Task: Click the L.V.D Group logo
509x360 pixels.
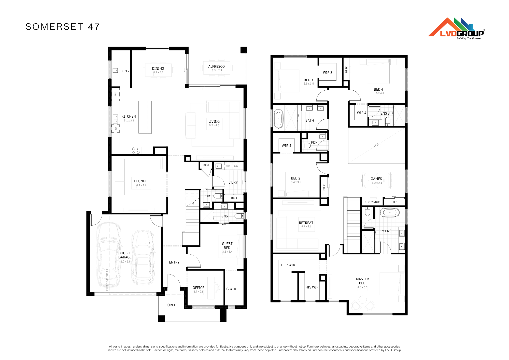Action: [x=456, y=29]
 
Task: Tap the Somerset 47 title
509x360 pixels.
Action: [x=63, y=27]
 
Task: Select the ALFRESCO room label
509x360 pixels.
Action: [x=216, y=66]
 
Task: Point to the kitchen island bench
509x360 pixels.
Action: [x=145, y=117]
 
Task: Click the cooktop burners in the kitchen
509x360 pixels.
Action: [x=136, y=150]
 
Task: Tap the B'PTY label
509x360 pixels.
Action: [x=125, y=71]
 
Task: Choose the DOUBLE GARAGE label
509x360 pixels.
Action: [x=125, y=255]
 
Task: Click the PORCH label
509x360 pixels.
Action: [x=171, y=305]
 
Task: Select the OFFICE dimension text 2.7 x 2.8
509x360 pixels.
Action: [x=199, y=292]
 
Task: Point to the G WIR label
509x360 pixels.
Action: [x=231, y=289]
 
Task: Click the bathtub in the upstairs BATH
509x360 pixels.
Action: [x=279, y=119]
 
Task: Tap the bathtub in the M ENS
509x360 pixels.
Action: [x=390, y=212]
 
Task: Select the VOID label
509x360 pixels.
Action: [x=376, y=145]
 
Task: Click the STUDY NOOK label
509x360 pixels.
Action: [x=373, y=202]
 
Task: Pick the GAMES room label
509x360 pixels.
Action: [x=376, y=179]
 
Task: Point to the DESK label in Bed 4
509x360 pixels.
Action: [x=346, y=70]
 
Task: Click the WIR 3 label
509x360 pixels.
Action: [x=328, y=73]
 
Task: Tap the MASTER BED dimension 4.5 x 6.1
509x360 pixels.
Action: [x=362, y=287]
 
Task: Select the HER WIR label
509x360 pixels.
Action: [x=288, y=265]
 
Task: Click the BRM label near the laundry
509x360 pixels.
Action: [x=206, y=165]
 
